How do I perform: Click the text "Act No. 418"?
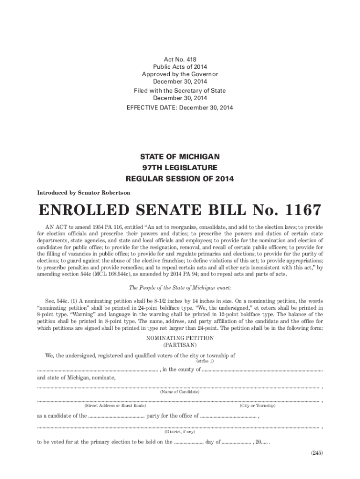(180, 59)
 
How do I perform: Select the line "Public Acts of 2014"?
(180, 67)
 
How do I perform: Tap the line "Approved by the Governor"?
(180, 74)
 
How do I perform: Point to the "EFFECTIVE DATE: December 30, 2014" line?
(180, 108)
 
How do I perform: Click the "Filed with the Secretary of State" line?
(180, 91)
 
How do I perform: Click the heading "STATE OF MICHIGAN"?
(180, 156)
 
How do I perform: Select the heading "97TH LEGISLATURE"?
(180, 167)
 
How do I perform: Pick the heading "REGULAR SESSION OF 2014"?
(180, 179)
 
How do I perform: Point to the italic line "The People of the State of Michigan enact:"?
(180, 287)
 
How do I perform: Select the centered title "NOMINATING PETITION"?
(180, 338)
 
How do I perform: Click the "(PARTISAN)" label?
(180, 345)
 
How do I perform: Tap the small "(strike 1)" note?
(204, 361)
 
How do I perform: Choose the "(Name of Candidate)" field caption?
(180, 392)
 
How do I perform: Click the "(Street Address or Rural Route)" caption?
(115, 406)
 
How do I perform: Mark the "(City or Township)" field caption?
(258, 406)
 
